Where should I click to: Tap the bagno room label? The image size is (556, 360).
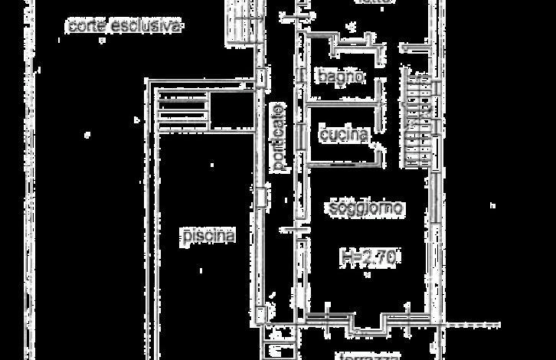click(x=340, y=77)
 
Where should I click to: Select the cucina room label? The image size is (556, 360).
click(x=344, y=135)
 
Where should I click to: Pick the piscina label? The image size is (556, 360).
click(x=208, y=236)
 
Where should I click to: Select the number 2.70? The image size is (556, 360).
click(x=378, y=258)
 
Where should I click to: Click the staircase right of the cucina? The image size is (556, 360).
click(x=420, y=123)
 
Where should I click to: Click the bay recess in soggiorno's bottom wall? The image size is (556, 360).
click(x=368, y=326)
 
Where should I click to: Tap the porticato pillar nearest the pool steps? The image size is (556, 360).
click(x=261, y=78)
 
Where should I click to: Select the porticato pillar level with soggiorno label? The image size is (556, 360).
click(x=261, y=198)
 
